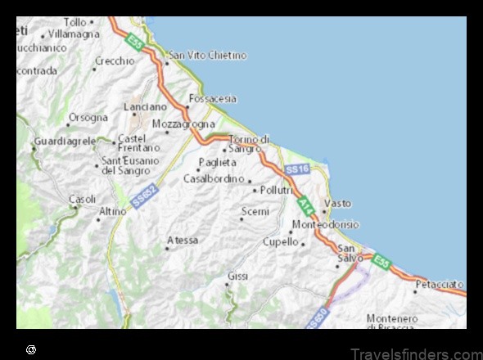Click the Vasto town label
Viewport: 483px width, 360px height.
coord(338,202)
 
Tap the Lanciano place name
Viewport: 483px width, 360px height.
coord(145,107)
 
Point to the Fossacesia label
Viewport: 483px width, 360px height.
coord(214,99)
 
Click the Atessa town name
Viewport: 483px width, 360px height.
coord(182,240)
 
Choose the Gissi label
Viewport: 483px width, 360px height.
coord(238,276)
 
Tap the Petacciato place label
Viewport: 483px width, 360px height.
coord(440,285)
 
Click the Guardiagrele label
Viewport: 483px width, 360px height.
coord(63,142)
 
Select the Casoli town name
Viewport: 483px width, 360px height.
coord(83,199)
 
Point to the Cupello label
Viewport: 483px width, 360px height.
coord(280,241)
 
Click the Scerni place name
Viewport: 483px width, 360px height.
coord(255,212)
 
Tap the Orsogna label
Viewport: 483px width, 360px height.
coord(88,117)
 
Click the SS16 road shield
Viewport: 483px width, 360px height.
coord(297,169)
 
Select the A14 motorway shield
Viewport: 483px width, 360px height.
coord(305,204)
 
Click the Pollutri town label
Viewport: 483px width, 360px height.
coord(277,190)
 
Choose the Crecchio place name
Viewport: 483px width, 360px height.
coord(115,61)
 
